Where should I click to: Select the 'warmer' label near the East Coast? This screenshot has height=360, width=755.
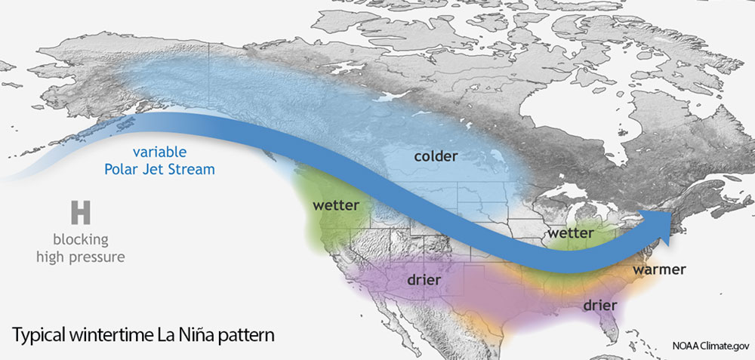659,269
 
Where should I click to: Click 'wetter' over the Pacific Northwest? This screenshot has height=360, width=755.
336,205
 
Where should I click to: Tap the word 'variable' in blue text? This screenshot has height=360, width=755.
159,152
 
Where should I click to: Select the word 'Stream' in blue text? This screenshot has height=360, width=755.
191,170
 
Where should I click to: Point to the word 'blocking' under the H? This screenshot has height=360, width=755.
81,240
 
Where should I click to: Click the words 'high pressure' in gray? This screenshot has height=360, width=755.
81,257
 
